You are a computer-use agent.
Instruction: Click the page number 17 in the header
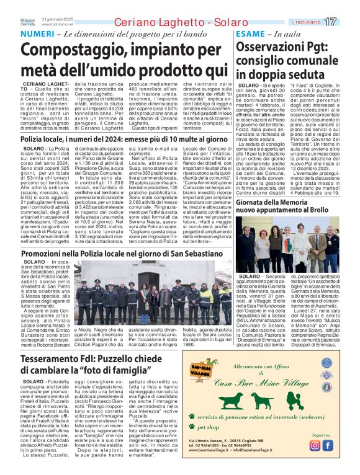click(348, 22)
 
